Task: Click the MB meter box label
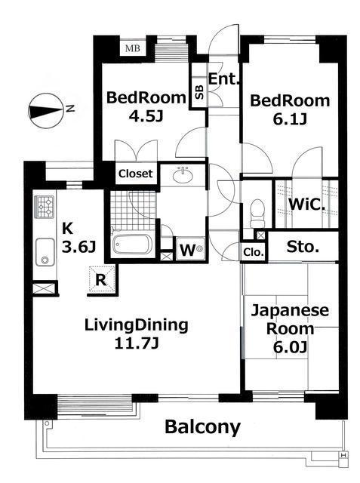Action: [x=133, y=48]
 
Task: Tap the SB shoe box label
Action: [x=199, y=92]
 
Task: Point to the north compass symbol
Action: [x=47, y=111]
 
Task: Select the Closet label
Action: [x=136, y=174]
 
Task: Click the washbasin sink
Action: [x=183, y=175]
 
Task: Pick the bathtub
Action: [x=132, y=243]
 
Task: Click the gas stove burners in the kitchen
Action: [x=45, y=207]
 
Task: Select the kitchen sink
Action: [x=45, y=251]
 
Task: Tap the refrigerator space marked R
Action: [x=101, y=280]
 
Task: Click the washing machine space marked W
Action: [x=190, y=249]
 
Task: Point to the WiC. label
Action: [x=306, y=204]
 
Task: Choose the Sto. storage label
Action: [x=303, y=247]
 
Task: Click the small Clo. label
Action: [x=254, y=253]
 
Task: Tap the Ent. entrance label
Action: [x=224, y=79]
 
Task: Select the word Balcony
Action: [x=202, y=427]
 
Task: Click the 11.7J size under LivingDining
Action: [x=137, y=343]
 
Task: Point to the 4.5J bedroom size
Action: [x=146, y=116]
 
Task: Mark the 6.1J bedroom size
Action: [x=290, y=119]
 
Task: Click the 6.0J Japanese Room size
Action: [x=290, y=347]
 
